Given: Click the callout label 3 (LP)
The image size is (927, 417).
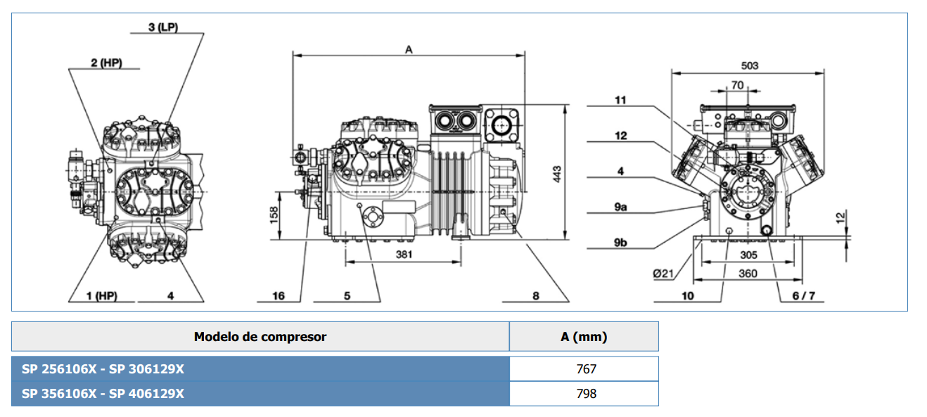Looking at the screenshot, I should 163,27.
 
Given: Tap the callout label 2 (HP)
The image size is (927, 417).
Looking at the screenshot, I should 106,63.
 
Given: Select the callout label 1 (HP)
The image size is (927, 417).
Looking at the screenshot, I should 101,296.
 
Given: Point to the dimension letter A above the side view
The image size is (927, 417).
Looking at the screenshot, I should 409,49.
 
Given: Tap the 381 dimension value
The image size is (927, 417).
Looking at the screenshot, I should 403,255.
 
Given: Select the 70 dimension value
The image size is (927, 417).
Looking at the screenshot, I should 737,85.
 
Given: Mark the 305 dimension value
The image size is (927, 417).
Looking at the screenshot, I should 748,255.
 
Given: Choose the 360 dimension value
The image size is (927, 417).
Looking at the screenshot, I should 748,273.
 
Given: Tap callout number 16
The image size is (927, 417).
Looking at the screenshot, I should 279,296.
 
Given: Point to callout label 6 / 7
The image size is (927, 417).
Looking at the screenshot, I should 804,296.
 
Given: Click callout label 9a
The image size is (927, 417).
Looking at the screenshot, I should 620,207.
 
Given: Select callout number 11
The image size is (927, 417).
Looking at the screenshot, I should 620,101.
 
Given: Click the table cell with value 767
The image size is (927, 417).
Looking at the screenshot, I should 585,369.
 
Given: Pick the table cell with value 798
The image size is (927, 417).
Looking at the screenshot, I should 585,394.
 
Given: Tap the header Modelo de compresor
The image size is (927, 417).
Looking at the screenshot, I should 260,337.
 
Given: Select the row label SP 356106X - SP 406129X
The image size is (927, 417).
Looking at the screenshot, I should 103,394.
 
